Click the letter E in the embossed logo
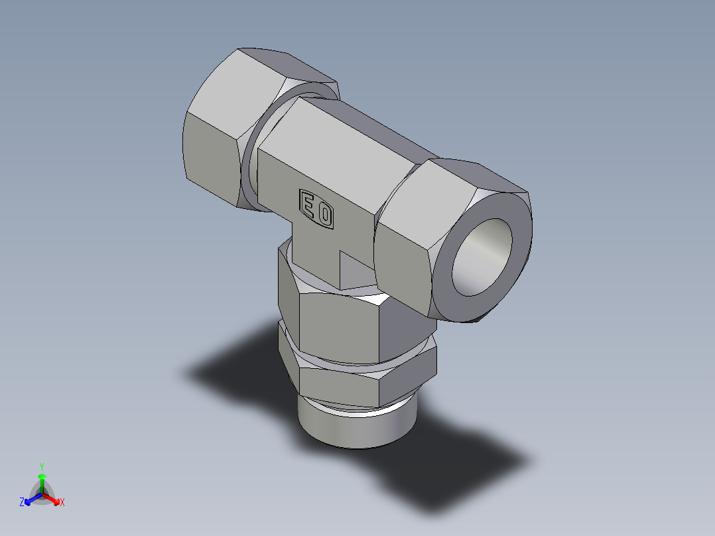[x=308, y=206]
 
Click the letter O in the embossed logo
[x=325, y=215]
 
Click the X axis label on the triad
[x=62, y=502]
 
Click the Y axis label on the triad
[x=41, y=466]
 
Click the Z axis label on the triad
[x=22, y=502]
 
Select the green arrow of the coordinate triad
[x=42, y=482]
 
